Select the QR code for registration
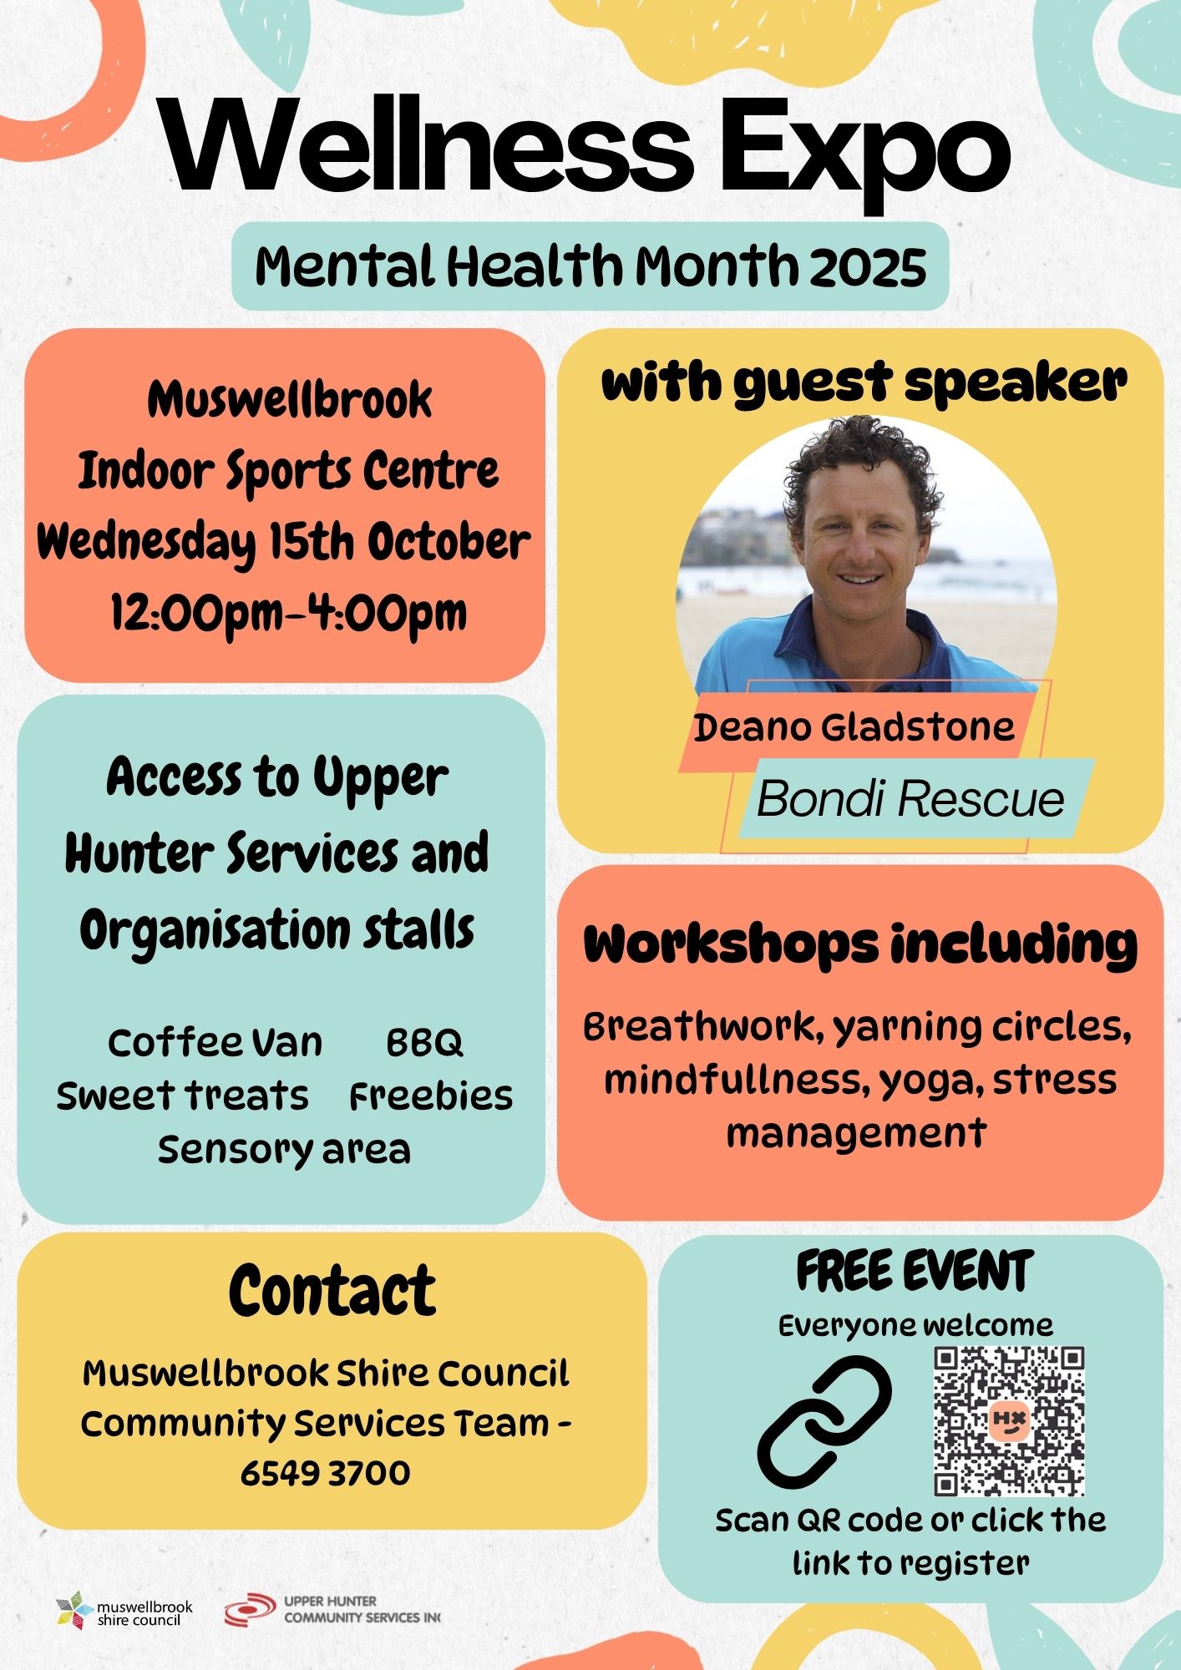[x=1009, y=1420]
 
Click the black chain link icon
[x=824, y=1420]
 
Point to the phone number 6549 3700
[x=326, y=1473]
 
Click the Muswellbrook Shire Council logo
[x=124, y=1611]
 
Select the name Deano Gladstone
[x=854, y=727]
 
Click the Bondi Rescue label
[x=910, y=799]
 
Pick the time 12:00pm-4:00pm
[x=289, y=614]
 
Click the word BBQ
[x=424, y=1043]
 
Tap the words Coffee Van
[x=215, y=1043]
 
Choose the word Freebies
[x=431, y=1096]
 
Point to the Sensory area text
[x=284, y=1150]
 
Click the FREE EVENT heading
[x=915, y=1272]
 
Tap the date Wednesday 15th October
[x=284, y=543]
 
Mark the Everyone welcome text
[x=916, y=1326]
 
